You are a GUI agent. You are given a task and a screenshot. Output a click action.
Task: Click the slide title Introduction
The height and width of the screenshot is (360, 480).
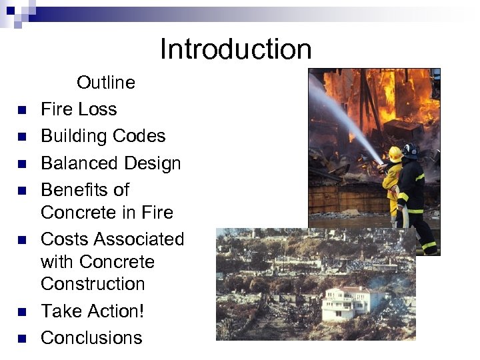coord(235,49)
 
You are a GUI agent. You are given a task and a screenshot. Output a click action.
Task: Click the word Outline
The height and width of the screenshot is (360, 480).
coord(105,83)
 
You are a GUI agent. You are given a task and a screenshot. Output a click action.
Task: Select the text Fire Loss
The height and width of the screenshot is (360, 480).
coord(79,109)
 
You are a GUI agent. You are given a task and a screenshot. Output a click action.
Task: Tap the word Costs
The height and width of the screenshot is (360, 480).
coord(65,239)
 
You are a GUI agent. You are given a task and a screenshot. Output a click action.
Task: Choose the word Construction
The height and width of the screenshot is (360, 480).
coord(93,284)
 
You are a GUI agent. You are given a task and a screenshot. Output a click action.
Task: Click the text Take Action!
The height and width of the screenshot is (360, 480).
coord(92,311)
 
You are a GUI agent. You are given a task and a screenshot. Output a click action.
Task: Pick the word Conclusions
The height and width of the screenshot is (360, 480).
coord(91,338)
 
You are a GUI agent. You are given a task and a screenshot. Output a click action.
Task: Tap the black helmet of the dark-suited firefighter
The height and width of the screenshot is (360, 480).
coord(411,150)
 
